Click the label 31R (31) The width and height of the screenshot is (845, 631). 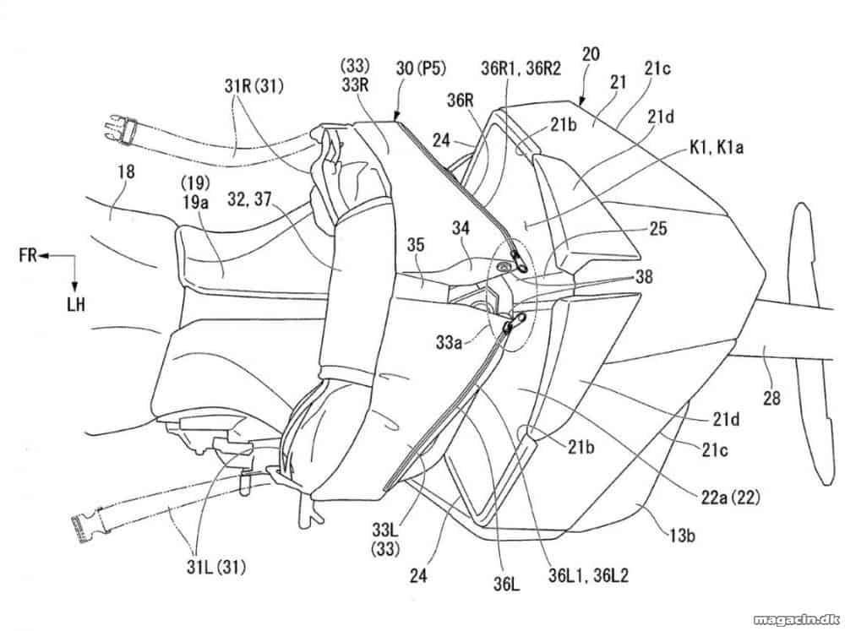coord(253,85)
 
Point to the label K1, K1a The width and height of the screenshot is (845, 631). coord(717,146)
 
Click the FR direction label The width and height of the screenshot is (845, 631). coord(28,254)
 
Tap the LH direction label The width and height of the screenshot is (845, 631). coord(76,304)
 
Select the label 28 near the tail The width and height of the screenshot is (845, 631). coord(771,398)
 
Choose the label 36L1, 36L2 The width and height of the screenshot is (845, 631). coord(588,575)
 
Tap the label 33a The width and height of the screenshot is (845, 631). coord(449,341)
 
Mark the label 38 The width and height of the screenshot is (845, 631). coord(644,277)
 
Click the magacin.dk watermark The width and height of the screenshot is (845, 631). coord(799,620)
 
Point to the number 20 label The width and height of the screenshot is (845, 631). coord(591,54)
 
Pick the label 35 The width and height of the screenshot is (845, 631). coord(415,245)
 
